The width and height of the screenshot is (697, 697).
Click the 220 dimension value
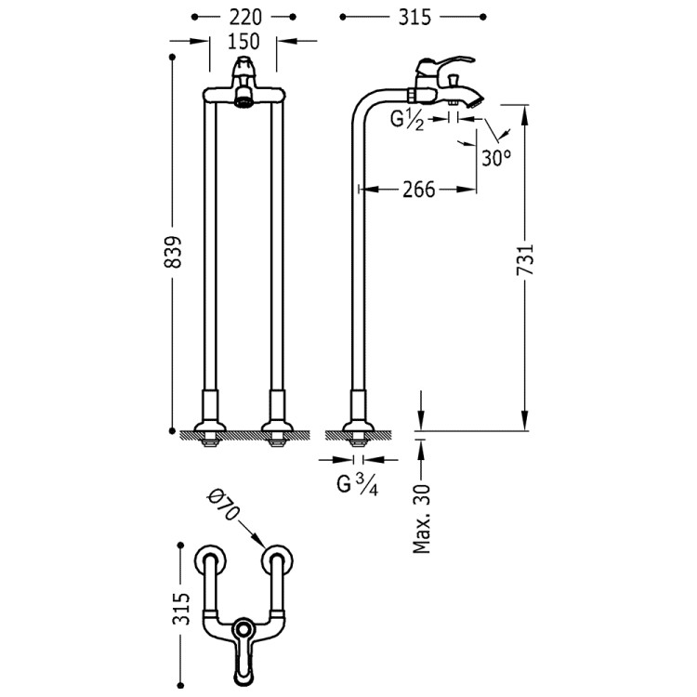pyautogui.click(x=244, y=16)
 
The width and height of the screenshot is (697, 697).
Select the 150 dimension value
pyautogui.click(x=243, y=41)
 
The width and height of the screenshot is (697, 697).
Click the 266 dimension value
pyautogui.click(x=419, y=190)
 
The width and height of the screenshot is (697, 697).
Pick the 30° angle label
pyautogui.click(x=497, y=157)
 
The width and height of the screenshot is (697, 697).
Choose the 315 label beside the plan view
pyautogui.click(x=182, y=609)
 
